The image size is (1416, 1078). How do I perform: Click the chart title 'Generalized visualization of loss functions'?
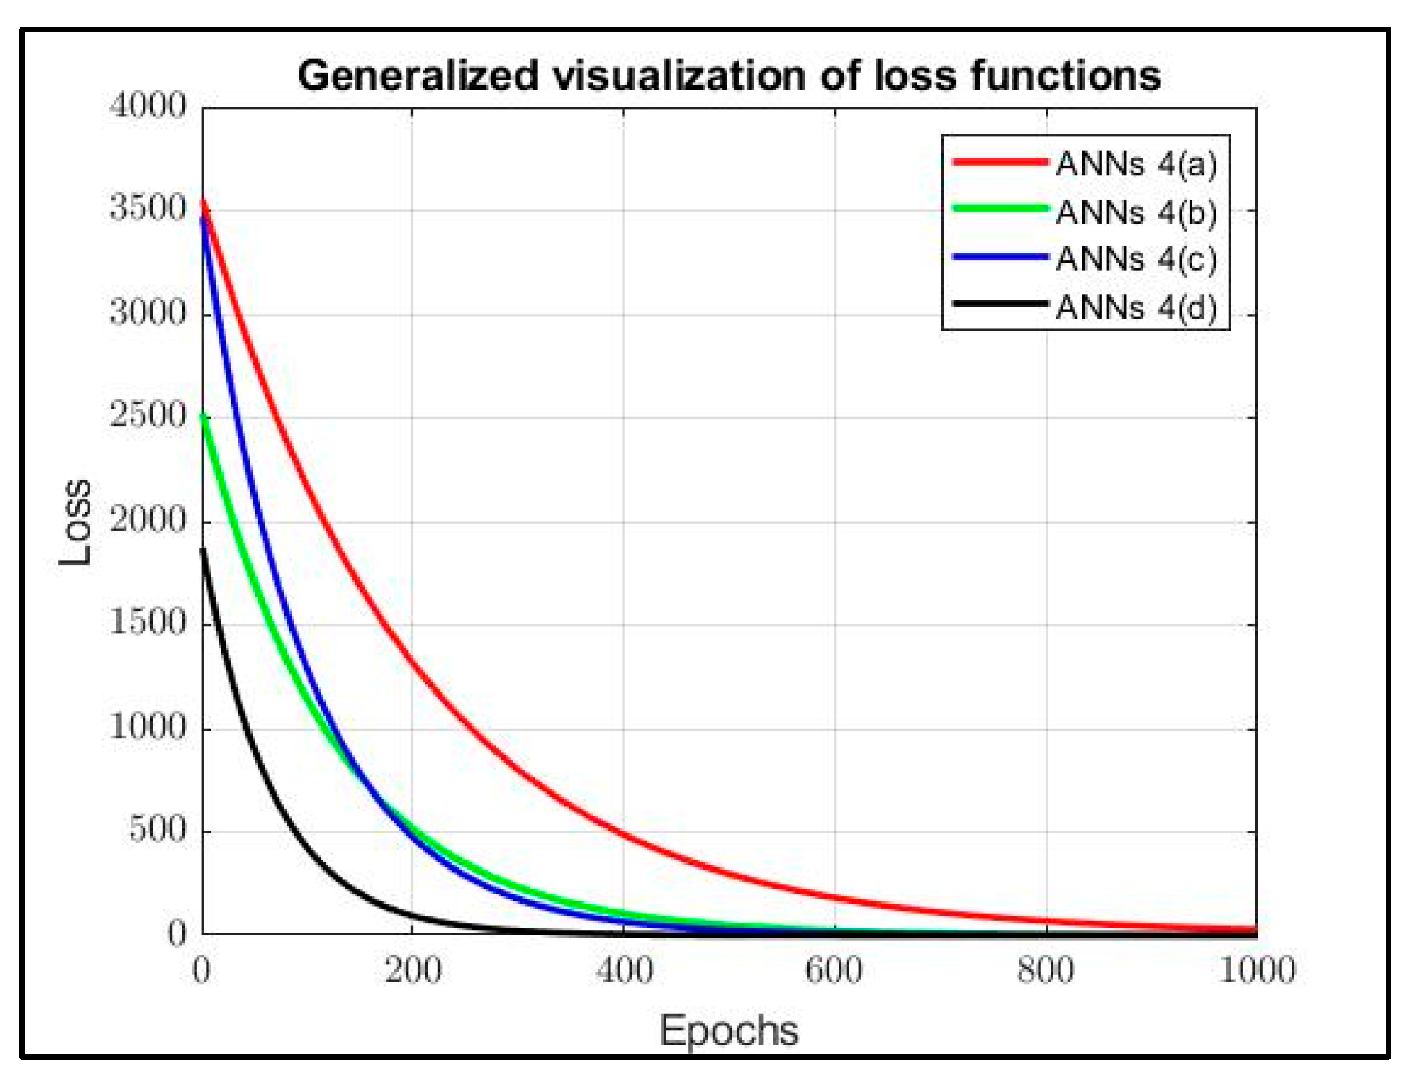pos(729,75)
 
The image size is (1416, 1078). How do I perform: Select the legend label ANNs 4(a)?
pos(1136,164)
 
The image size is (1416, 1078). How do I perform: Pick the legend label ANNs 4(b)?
pos(1136,212)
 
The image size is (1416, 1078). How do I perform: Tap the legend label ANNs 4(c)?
pos(1136,259)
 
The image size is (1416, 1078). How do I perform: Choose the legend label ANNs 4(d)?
pos(1136,307)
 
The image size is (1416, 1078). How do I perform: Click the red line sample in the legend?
pos(1000,161)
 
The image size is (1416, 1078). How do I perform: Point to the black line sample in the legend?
pos(1000,303)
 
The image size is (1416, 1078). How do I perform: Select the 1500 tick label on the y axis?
pos(148,622)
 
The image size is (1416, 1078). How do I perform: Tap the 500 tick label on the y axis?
pos(158,829)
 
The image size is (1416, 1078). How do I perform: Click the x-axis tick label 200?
pos(412,970)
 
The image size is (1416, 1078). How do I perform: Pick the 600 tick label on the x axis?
pos(834,970)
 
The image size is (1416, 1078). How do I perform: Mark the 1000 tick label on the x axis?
pos(1257,970)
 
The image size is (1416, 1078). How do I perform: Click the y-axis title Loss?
pos(75,521)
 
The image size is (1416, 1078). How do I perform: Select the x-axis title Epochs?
pos(729,1030)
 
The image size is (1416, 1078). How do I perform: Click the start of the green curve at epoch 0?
pos(203,416)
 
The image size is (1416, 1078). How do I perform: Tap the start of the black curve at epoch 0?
pos(203,550)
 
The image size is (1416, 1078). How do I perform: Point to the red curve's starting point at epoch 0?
pos(203,202)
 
